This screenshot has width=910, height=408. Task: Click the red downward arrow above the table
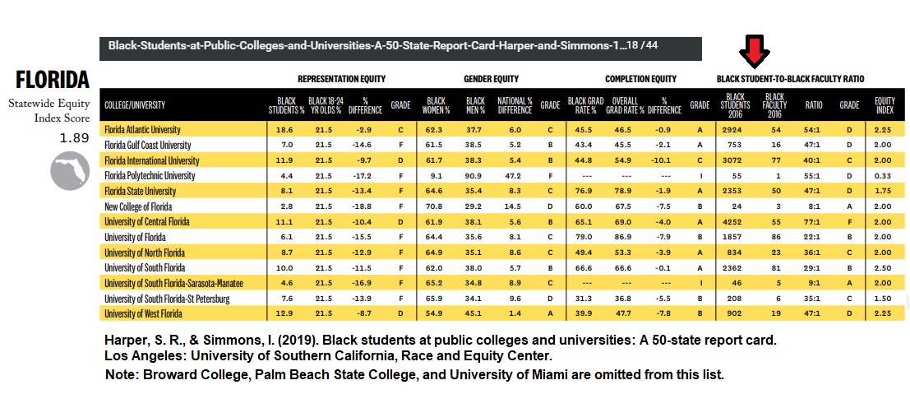(x=754, y=53)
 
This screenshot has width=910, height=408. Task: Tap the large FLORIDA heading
(x=52, y=80)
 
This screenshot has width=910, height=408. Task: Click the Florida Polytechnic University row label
(x=150, y=176)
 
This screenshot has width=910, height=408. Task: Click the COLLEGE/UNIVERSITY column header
(x=135, y=104)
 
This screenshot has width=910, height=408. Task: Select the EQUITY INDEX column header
(x=885, y=104)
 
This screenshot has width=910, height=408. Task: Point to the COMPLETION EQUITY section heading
(x=640, y=79)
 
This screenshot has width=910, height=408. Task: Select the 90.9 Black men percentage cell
(x=475, y=176)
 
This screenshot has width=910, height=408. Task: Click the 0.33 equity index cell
(x=885, y=176)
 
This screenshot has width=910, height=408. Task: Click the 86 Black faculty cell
(x=774, y=237)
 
